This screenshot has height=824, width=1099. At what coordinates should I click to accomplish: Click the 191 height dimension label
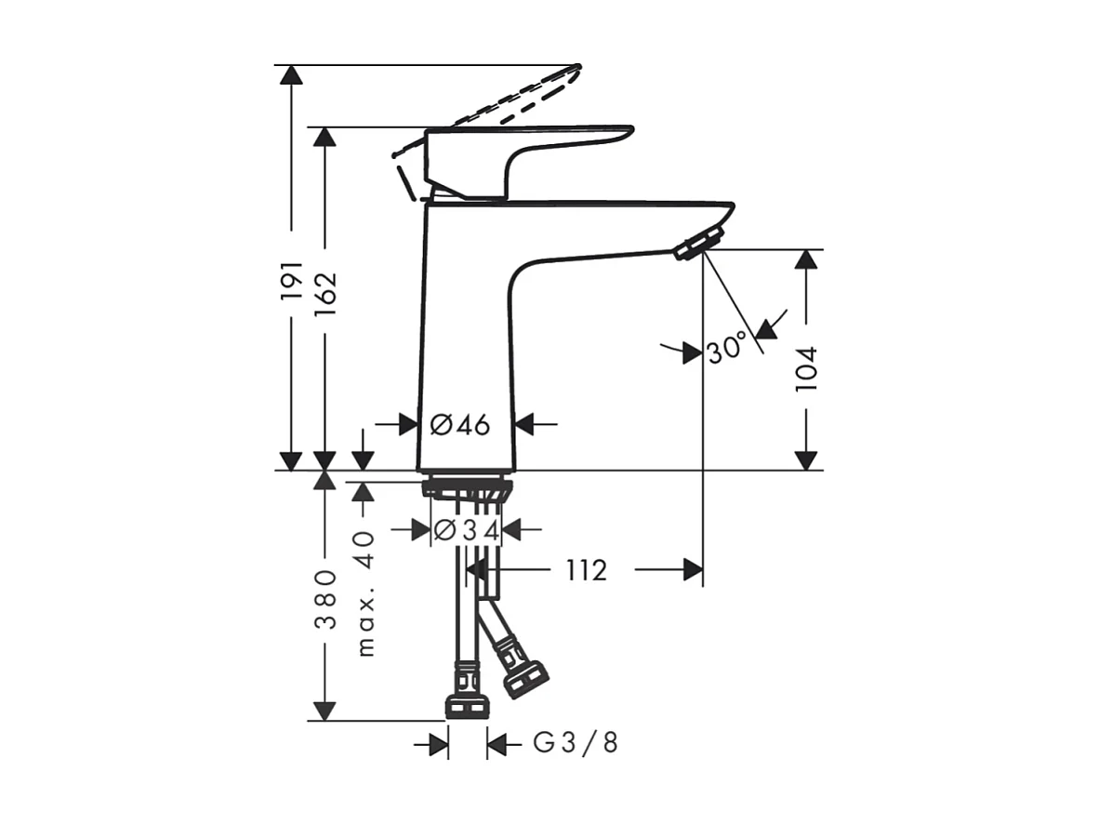coord(292,279)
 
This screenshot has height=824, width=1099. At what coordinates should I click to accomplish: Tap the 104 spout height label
coord(806,367)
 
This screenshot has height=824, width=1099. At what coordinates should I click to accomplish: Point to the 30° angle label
coord(726,349)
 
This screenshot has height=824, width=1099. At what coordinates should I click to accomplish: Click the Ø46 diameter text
coord(460,425)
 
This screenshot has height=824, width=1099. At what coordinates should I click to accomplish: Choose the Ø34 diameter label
coord(468,530)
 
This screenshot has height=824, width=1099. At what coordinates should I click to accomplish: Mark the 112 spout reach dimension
coord(585,570)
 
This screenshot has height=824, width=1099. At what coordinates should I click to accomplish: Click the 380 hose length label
coord(324,600)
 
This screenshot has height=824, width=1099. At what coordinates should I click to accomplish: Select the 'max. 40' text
coord(364,593)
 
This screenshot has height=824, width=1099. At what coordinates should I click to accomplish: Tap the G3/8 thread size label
coord(575,744)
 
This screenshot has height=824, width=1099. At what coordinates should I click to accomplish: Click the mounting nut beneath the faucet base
coord(466,488)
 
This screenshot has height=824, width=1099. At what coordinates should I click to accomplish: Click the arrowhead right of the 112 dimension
coord(693,570)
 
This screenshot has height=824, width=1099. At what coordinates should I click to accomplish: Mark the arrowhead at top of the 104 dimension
coord(806,259)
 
